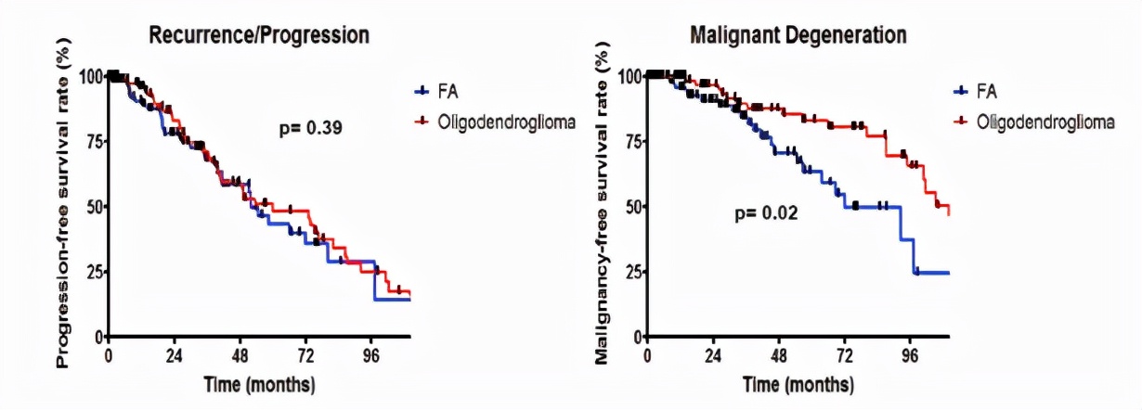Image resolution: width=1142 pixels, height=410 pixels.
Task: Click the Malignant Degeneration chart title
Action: coord(798,35)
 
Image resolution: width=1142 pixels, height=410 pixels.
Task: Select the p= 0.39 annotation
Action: coord(313,129)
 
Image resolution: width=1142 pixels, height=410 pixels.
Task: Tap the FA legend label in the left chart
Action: coord(448,91)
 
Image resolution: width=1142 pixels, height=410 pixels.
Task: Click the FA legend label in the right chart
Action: coord(986,91)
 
